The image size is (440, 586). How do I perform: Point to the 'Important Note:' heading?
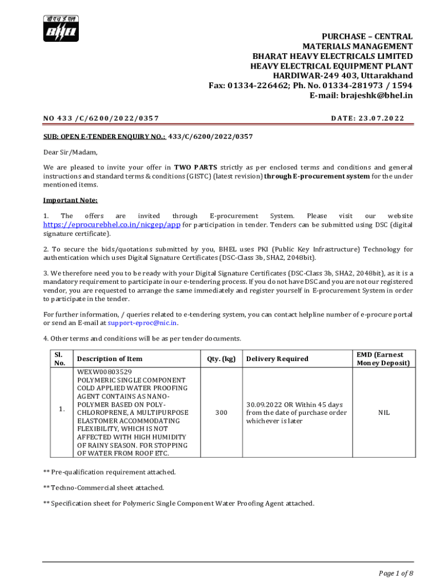70,200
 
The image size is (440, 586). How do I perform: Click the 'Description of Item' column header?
110,359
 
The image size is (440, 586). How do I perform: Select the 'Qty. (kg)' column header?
221,359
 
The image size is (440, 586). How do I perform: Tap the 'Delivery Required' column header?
277,359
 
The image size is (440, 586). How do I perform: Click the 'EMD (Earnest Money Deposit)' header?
383,359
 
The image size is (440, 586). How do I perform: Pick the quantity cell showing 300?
221,412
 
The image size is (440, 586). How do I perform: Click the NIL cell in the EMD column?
384,412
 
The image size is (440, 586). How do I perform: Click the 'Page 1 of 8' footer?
396,573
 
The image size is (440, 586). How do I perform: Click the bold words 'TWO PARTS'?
195,168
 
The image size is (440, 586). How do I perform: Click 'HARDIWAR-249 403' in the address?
308,76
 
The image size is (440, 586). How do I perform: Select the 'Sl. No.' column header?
59,359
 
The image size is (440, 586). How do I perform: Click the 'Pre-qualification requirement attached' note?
110,472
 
